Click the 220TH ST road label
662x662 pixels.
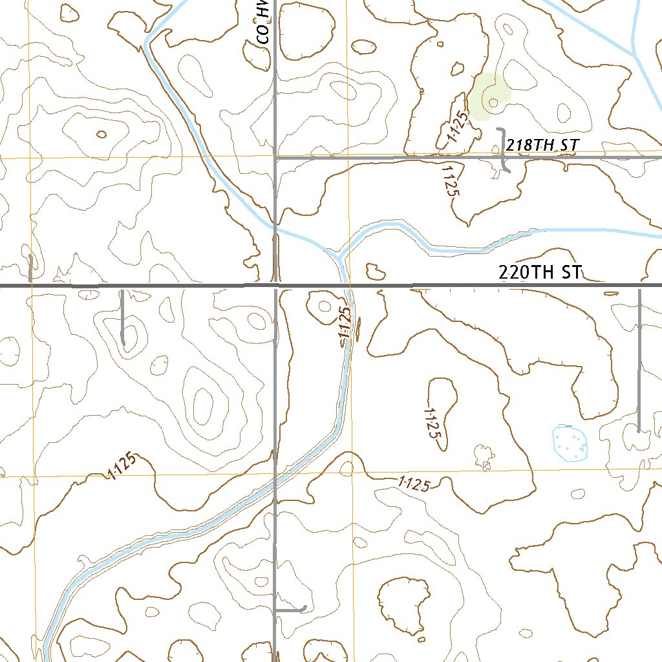click(540, 272)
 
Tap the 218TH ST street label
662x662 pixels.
click(541, 145)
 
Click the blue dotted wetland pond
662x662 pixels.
click(570, 443)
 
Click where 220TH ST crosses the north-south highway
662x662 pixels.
click(276, 284)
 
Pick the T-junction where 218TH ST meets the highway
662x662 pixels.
click(276, 157)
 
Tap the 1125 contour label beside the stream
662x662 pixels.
click(345, 327)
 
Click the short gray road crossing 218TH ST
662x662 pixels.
click(504, 150)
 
